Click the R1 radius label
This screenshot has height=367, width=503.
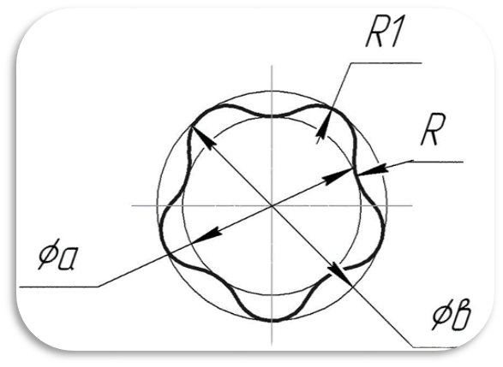384,33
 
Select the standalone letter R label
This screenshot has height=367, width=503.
433,130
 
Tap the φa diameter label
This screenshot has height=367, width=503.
57,254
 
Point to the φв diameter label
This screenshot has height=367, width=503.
452,313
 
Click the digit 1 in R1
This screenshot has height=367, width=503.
395,33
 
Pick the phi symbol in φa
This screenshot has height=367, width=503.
47,254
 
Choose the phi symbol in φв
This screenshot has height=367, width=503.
441,314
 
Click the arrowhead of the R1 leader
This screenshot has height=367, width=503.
323,127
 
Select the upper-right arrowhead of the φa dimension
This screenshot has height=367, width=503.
338,176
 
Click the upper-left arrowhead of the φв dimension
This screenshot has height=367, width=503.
203,138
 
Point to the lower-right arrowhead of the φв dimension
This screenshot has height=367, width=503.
341,275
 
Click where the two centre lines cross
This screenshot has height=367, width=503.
272,205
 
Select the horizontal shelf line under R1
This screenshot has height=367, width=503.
386,63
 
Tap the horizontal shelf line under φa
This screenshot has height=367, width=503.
59,287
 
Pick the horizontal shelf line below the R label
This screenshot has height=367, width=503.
438,162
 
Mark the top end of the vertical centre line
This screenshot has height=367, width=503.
272,65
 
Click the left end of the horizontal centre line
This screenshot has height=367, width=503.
131,205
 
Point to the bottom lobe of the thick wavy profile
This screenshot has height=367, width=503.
272,320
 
